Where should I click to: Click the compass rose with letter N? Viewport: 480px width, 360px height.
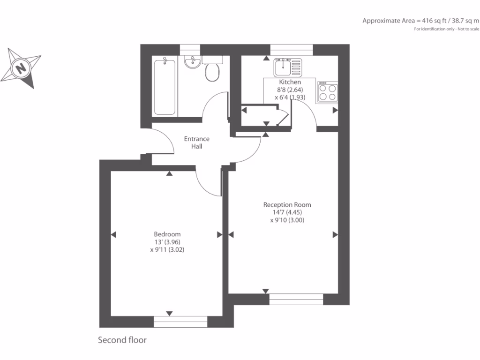(x=21, y=68)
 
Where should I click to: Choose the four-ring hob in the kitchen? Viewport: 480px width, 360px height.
(x=327, y=91)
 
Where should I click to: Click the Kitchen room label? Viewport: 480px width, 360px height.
(x=290, y=82)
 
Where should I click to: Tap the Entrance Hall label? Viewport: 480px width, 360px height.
(x=196, y=142)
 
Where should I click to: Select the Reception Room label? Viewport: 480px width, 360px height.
(x=287, y=205)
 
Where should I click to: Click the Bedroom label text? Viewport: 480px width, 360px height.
(x=167, y=234)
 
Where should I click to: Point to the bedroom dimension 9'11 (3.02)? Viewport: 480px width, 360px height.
(x=167, y=250)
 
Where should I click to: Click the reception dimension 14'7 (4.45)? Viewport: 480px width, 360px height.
(x=287, y=212)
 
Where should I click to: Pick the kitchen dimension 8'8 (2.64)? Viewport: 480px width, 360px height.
(x=290, y=90)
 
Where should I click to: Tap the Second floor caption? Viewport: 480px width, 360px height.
(x=122, y=340)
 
